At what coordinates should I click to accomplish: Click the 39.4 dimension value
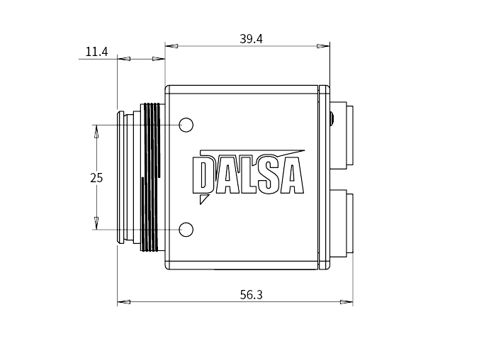coord(251,39)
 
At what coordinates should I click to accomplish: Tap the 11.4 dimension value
coord(96,52)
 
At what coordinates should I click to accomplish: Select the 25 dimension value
coord(96,178)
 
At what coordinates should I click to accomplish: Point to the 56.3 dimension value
coord(251,295)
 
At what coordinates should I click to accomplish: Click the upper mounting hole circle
coord(186,125)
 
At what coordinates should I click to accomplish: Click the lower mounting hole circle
coord(186,230)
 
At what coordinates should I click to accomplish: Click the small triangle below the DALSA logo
coord(203,199)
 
